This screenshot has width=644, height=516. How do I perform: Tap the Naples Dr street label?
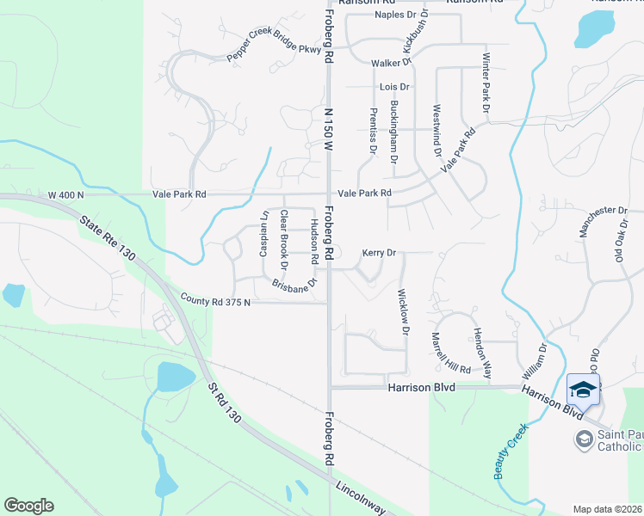pyautogui.click(x=395, y=15)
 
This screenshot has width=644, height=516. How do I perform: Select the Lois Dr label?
pyautogui.click(x=393, y=88)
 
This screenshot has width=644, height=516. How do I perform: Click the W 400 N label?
pyautogui.click(x=66, y=195)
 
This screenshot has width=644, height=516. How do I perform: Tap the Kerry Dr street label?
pyautogui.click(x=378, y=254)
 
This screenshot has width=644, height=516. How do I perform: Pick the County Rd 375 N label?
pyautogui.click(x=215, y=302)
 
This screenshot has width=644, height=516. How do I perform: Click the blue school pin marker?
pyautogui.click(x=584, y=389)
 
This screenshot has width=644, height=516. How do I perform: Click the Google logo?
pyautogui.click(x=28, y=506)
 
